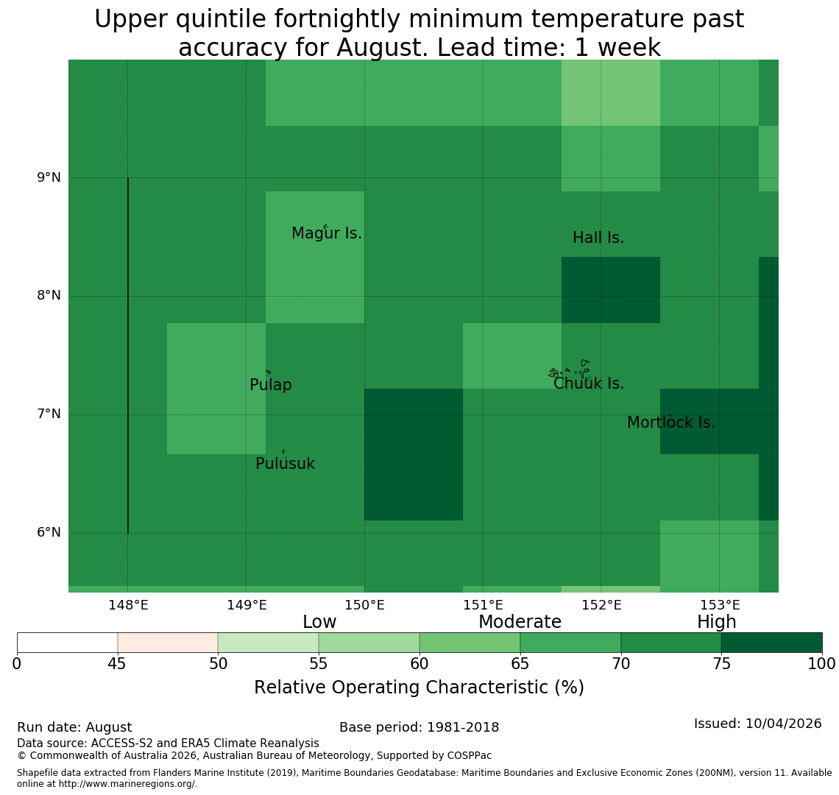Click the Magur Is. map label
click(x=326, y=233)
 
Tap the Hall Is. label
click(x=598, y=238)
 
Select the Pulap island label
click(x=271, y=385)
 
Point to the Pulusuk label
click(x=286, y=464)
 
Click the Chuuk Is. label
click(x=589, y=384)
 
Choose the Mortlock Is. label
click(x=671, y=423)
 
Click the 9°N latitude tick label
click(x=49, y=177)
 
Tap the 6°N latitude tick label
click(x=49, y=533)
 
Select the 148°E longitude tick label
click(x=128, y=605)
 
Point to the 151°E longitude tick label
click(x=484, y=605)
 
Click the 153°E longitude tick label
click(x=721, y=605)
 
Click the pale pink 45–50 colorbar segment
click(x=168, y=643)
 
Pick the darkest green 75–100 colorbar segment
click(x=771, y=643)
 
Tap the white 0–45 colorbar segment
click(x=68, y=643)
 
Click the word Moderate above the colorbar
click(x=520, y=622)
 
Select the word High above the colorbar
click(x=717, y=622)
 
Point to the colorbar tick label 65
click(x=520, y=665)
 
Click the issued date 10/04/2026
click(x=783, y=724)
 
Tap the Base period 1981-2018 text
click(x=419, y=727)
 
